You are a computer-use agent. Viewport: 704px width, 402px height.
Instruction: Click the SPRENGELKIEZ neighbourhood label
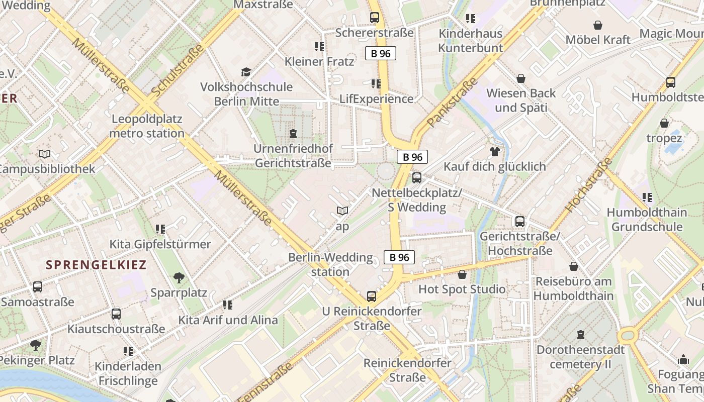[x=96, y=265]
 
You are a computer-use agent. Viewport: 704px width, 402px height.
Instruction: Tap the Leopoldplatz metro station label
[x=146, y=126]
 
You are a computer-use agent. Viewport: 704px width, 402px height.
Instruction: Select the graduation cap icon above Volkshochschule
[x=246, y=72]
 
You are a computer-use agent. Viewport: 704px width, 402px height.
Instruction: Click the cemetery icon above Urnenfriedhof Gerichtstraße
[x=293, y=134]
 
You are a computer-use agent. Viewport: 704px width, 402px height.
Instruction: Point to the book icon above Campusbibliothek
[x=45, y=154]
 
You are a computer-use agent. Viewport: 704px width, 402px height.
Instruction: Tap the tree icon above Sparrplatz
[x=179, y=277]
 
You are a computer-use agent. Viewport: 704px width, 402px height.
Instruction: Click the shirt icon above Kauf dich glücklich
[x=494, y=151]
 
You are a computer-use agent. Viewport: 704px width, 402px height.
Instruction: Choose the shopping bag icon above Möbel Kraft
[x=598, y=25]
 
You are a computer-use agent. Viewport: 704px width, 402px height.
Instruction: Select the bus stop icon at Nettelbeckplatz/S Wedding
[x=416, y=177]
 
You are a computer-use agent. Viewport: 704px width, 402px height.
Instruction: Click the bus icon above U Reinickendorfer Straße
[x=372, y=296]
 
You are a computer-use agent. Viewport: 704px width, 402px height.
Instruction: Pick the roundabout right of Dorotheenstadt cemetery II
[x=629, y=335]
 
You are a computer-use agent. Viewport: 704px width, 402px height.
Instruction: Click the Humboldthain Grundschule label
[x=647, y=220]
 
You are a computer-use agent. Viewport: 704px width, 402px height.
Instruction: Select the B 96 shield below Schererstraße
[x=381, y=53]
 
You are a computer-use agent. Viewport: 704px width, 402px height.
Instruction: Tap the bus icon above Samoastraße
[x=38, y=287]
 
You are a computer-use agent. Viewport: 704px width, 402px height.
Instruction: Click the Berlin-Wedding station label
[x=330, y=265]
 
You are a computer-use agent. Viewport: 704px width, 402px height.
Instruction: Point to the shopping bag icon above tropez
[x=664, y=123]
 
